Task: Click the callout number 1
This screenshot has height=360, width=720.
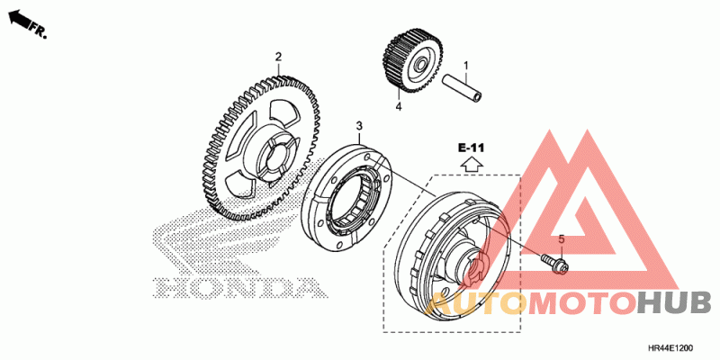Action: point(465,66)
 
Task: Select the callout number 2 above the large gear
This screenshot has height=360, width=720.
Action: point(278,57)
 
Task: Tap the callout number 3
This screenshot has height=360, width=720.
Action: point(359,125)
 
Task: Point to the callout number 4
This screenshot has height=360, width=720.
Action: point(399,106)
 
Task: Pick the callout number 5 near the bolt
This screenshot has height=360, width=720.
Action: point(561,238)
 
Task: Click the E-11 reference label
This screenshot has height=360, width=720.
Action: point(471,148)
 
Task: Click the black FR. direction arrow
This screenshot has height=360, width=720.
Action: point(19,18)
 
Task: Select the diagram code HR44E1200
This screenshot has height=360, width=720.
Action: point(671,348)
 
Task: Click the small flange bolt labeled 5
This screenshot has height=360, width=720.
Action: point(555,263)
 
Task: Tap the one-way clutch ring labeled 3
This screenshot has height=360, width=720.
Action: point(348,198)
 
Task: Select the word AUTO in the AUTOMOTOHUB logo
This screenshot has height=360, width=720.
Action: point(473,302)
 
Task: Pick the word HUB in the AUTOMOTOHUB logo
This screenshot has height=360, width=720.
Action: point(674,302)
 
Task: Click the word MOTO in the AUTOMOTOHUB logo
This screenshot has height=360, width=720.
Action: point(580,303)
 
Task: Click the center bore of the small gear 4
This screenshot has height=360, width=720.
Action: point(419,66)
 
